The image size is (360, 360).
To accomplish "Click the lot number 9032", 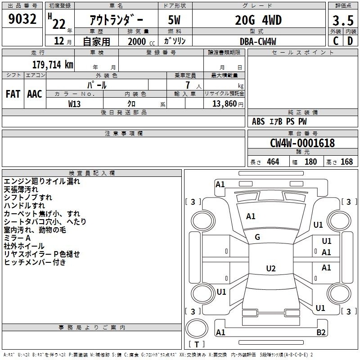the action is click(22, 19).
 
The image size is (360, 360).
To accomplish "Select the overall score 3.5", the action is click(343, 20).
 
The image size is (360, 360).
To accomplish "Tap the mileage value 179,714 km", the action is click(53, 65).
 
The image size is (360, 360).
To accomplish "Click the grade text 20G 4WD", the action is click(258, 20).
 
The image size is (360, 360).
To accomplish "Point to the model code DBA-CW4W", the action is click(258, 41).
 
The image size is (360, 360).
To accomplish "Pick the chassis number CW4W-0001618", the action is click(302, 143).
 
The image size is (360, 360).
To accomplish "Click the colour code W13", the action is click(74, 104).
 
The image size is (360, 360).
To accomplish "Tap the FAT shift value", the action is click(13, 94).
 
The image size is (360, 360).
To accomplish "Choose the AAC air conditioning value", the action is click(35, 94).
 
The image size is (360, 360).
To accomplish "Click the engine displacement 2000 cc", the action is click(141, 41).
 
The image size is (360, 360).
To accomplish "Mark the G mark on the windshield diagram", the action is click(257, 237).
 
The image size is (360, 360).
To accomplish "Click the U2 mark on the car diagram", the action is click(271, 268).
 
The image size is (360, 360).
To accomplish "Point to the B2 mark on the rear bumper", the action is click(321, 332).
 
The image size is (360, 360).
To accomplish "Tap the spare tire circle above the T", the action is click(197, 328).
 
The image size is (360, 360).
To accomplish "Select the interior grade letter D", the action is click(350, 41).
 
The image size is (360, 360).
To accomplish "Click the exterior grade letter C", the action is click(336, 41).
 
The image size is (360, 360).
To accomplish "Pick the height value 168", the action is click(346, 162).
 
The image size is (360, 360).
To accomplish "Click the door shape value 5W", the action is click(174, 20).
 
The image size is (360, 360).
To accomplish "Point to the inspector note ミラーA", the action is click(17, 238).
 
